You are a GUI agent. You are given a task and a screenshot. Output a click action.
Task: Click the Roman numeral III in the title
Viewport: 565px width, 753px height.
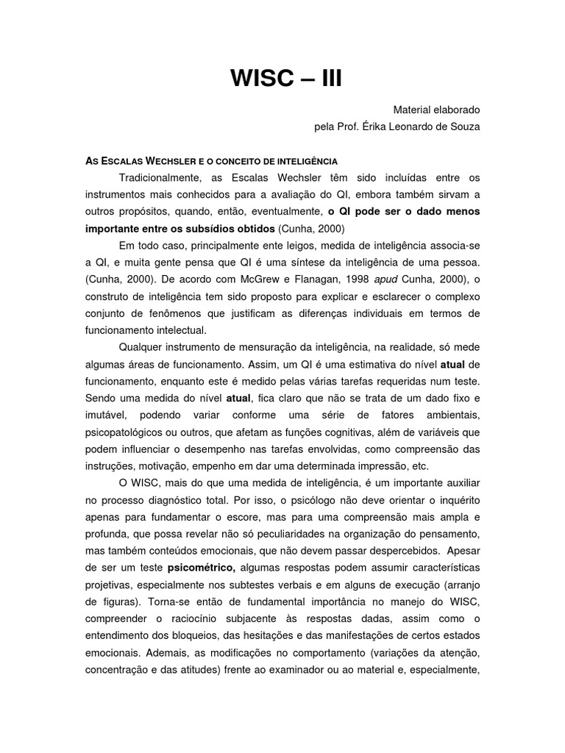coord(325,78)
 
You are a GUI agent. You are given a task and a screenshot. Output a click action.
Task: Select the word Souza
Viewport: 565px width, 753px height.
coord(463,126)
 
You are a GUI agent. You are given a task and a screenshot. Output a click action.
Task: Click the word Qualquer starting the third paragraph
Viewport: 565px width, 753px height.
coord(141,347)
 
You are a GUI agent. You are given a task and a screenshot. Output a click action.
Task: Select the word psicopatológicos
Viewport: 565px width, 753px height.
coord(129,432)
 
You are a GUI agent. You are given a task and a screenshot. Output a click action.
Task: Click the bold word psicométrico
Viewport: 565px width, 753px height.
coord(201,568)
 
